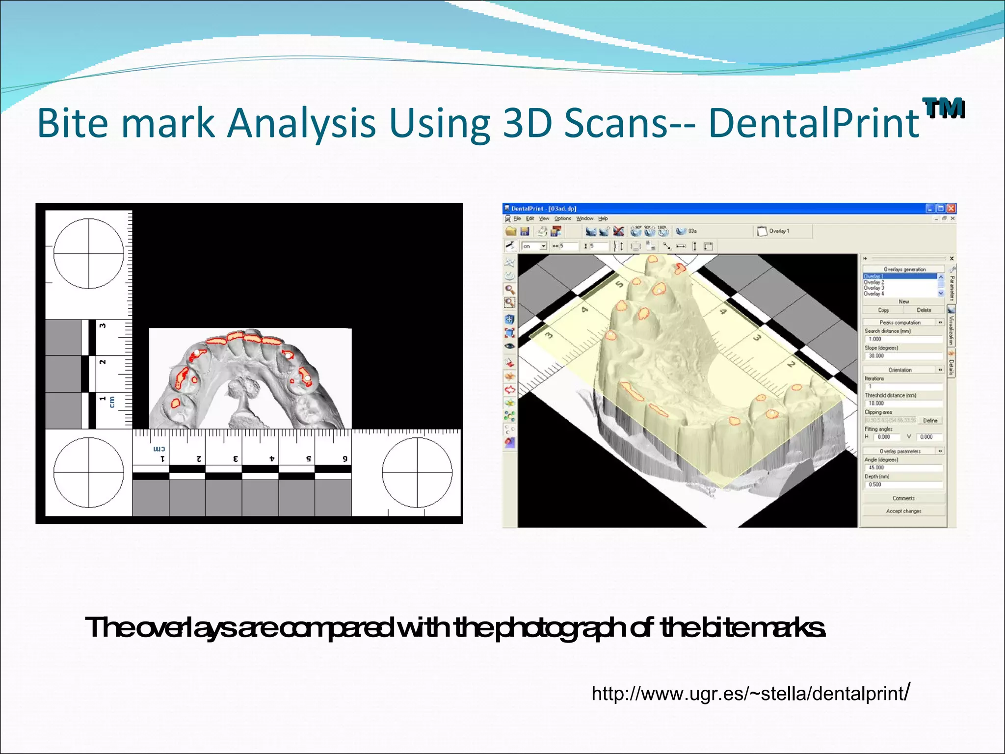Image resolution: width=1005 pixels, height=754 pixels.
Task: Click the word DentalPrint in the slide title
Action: pos(813,123)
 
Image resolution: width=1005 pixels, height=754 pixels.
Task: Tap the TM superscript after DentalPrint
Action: pos(943,108)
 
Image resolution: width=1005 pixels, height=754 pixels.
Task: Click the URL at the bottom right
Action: pos(751,693)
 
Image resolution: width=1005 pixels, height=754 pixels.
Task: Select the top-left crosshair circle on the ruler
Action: pos(89,254)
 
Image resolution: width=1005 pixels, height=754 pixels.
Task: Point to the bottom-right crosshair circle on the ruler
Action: pos(417,472)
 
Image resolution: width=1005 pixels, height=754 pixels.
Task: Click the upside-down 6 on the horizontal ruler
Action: pos(345,458)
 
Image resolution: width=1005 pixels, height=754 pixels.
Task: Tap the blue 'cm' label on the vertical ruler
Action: pos(112,402)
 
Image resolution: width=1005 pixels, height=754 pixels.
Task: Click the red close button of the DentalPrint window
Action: pos(951,208)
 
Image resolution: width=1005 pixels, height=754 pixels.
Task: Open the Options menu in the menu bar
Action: pos(562,218)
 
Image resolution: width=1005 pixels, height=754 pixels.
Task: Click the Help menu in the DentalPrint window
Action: pos(603,218)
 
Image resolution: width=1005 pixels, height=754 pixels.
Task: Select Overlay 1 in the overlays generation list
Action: pos(874,276)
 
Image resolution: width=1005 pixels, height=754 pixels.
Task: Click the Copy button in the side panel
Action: pos(883,310)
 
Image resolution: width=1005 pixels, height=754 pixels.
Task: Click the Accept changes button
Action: pos(903,511)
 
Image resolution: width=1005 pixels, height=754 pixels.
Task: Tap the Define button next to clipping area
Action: pos(930,420)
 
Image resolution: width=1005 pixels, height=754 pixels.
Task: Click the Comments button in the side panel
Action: pos(903,498)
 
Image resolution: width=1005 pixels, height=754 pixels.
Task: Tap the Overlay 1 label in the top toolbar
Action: pos(778,231)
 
